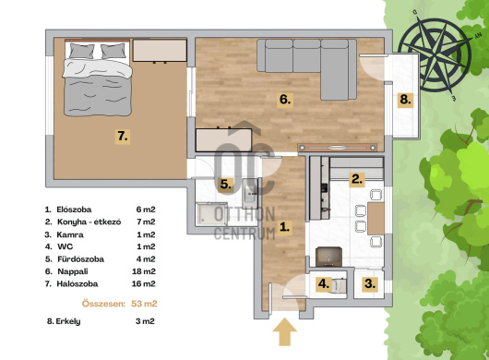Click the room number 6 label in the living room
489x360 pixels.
pyautogui.click(x=285, y=100)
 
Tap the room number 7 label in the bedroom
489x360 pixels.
pyautogui.click(x=123, y=137)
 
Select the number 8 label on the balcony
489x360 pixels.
pyautogui.click(x=405, y=100)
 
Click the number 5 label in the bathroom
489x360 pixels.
pyautogui.click(x=226, y=185)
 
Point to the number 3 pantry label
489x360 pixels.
pyautogui.click(x=370, y=284)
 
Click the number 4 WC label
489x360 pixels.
pyautogui.click(x=324, y=284)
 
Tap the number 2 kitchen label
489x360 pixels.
pyautogui.click(x=357, y=179)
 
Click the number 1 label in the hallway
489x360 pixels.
pyautogui.click(x=284, y=227)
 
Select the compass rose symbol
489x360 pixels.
pyautogui.click(x=435, y=55)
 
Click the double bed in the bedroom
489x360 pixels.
pyautogui.click(x=97, y=78)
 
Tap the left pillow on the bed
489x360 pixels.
pyautogui.click(x=81, y=51)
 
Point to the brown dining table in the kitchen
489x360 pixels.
pyautogui.click(x=376, y=219)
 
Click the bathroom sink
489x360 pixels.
pyautogui.click(x=250, y=194)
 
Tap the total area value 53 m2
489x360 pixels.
pyautogui.click(x=144, y=304)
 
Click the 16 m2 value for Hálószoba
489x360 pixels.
pyautogui.click(x=143, y=284)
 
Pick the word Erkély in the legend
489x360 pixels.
pyautogui.click(x=68, y=321)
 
